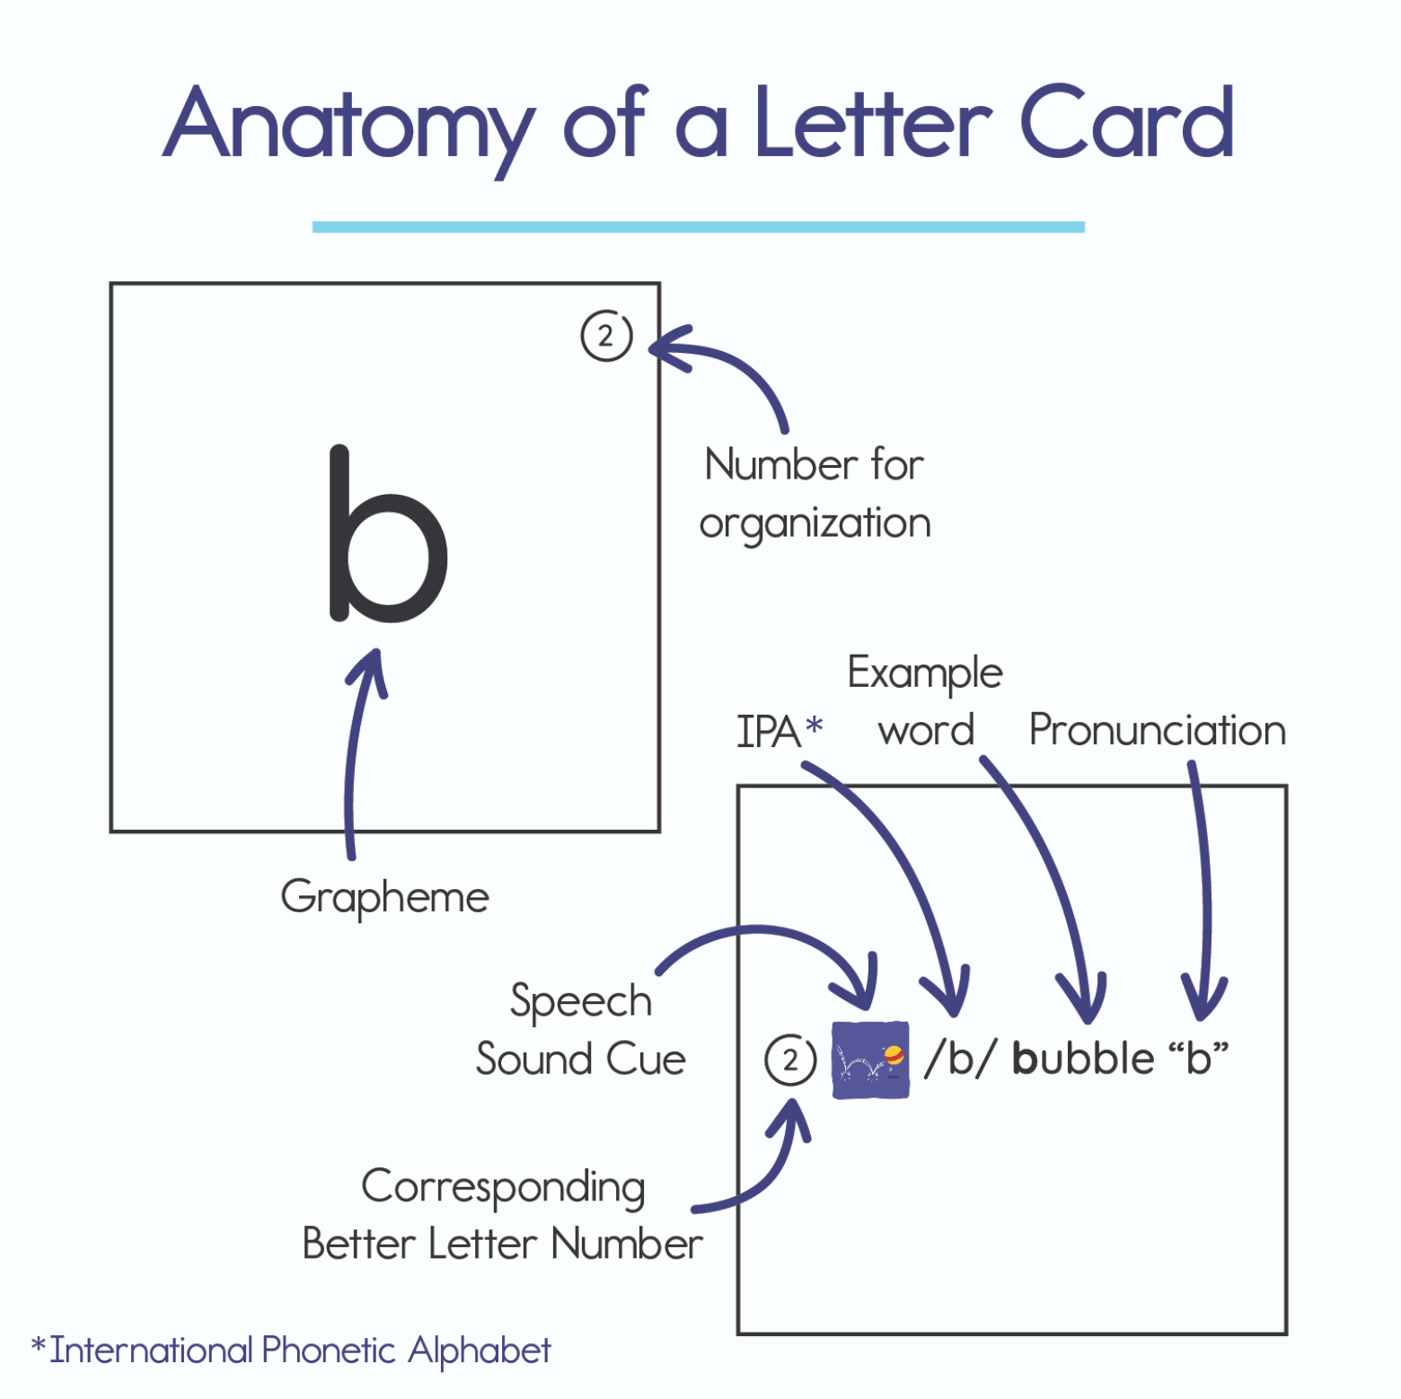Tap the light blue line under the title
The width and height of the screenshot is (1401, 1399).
point(698,227)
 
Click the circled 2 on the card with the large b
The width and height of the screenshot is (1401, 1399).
point(606,336)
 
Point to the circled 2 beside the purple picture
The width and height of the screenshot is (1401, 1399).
point(790,1060)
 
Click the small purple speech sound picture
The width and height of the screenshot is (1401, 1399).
point(870,1060)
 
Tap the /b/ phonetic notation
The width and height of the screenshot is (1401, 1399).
point(960,1059)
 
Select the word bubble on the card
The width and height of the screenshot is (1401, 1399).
point(1082,1059)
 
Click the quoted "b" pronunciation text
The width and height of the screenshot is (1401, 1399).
point(1198,1058)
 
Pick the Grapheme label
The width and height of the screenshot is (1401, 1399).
point(384,897)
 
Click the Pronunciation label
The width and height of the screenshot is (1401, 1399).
point(1157,730)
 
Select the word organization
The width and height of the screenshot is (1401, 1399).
point(815,524)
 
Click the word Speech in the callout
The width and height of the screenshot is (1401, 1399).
point(580,1001)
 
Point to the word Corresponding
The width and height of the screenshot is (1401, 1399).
point(503,1188)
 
